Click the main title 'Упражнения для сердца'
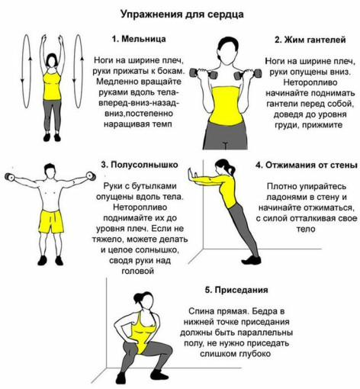[x=182, y=14]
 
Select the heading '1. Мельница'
[x=139, y=39]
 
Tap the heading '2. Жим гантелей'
[x=310, y=40]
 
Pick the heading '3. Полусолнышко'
[x=140, y=165]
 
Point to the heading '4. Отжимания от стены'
[x=307, y=166]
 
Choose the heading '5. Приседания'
[x=236, y=290]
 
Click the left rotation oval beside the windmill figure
[x=27, y=71]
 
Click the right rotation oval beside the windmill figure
[x=78, y=71]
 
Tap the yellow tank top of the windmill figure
[x=52, y=85]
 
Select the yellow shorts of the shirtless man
[x=51, y=221]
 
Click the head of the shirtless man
[x=50, y=172]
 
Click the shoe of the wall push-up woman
[x=251, y=260]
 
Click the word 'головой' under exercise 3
[x=138, y=271]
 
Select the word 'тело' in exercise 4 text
[x=306, y=229]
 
